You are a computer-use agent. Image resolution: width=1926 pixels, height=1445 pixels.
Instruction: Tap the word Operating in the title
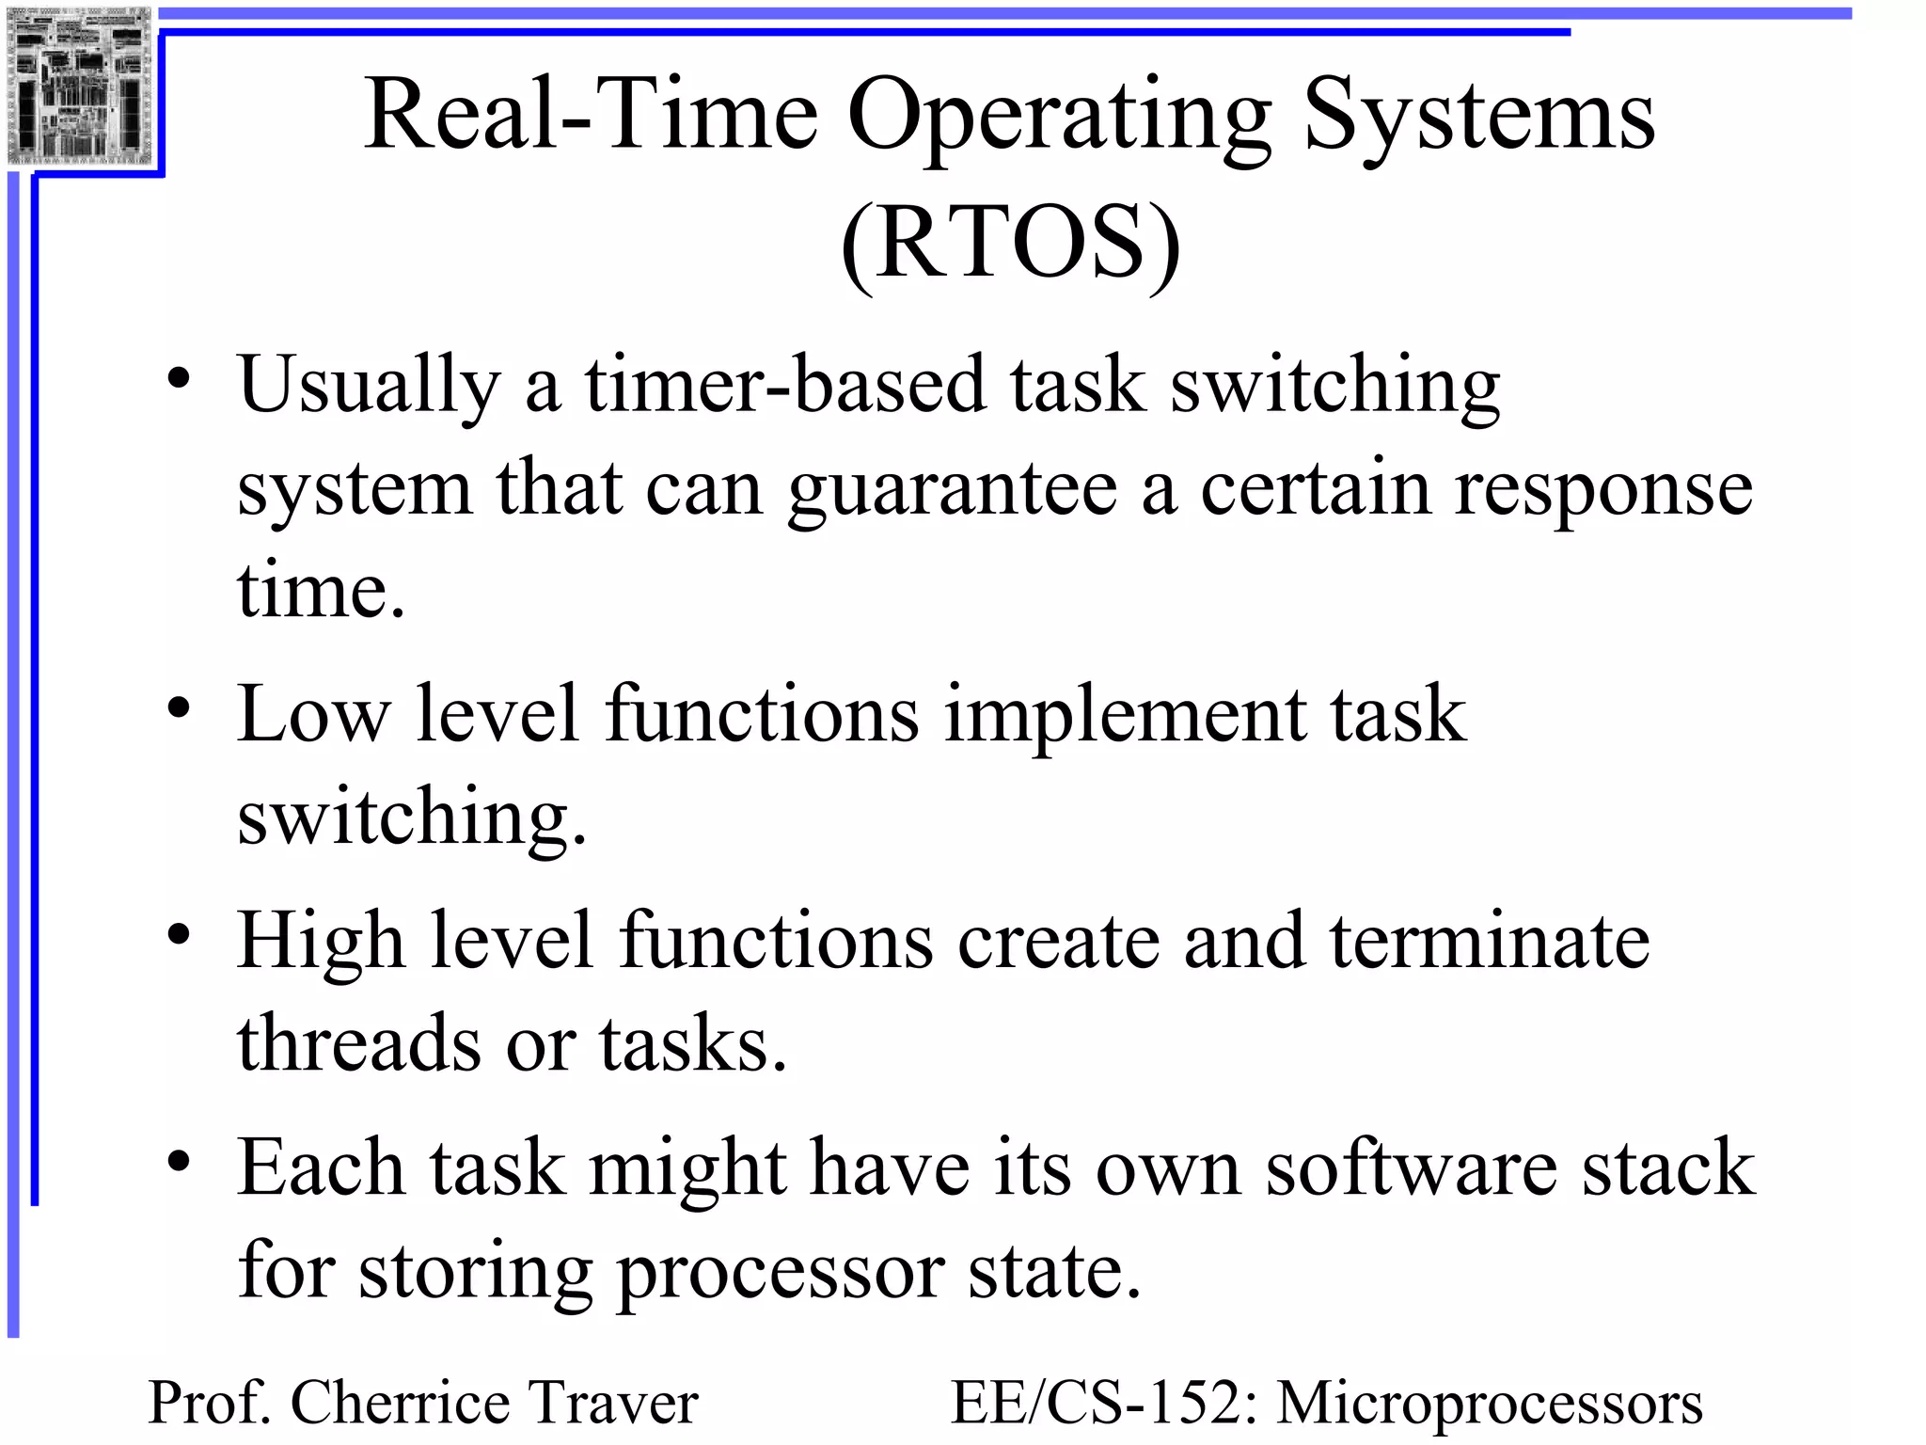pyautogui.click(x=1060, y=116)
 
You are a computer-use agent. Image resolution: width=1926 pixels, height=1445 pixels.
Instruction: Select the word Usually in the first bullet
pyautogui.click(x=369, y=386)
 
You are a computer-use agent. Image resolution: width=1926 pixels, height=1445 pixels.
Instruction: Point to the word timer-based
pyautogui.click(x=785, y=386)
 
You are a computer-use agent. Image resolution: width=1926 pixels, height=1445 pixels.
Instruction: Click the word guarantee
pyautogui.click(x=952, y=490)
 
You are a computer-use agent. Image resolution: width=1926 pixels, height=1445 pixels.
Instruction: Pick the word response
pyautogui.click(x=1603, y=490)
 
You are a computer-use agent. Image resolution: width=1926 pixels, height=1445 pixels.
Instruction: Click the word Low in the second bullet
pyautogui.click(x=313, y=715)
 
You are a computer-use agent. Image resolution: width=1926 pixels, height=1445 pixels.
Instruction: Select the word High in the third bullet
pyautogui.click(x=321, y=941)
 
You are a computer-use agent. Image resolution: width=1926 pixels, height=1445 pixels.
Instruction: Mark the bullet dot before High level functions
pyautogui.click(x=179, y=935)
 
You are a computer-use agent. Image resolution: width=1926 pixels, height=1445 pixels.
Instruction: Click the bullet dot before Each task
pyautogui.click(x=179, y=1163)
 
